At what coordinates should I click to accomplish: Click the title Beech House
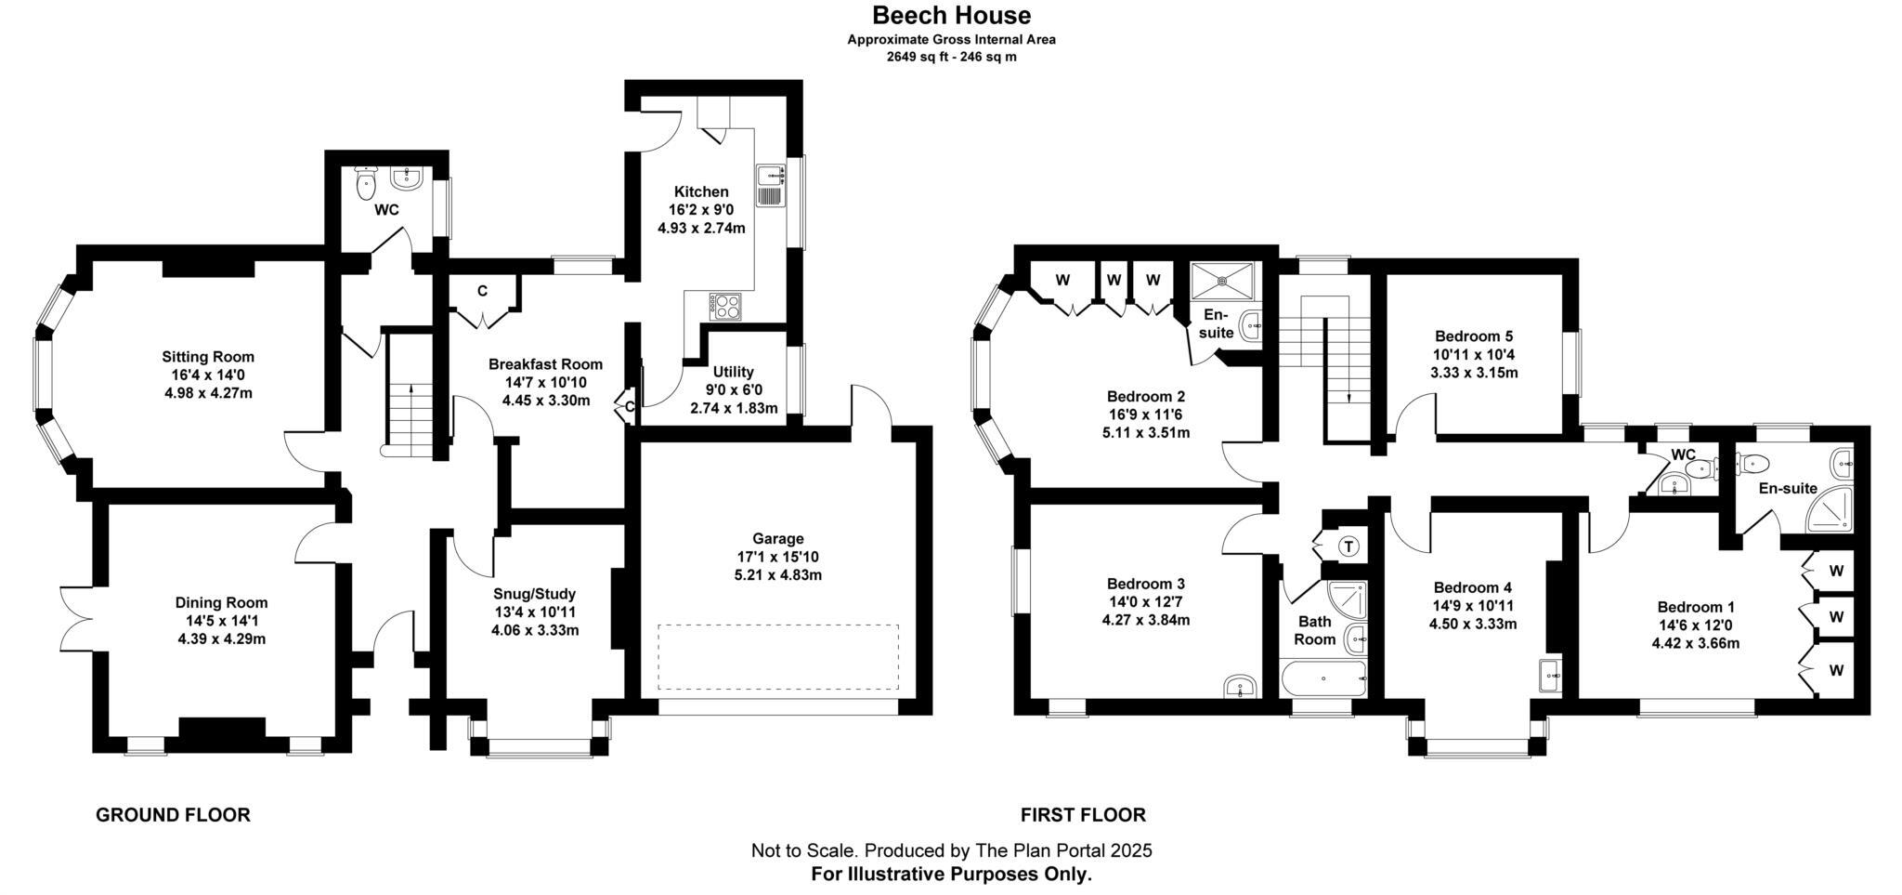[x=951, y=15]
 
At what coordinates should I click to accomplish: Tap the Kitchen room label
[x=701, y=191]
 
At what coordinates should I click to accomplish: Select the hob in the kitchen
[x=725, y=306]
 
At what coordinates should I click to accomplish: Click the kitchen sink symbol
[x=772, y=185]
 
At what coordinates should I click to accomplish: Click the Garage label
[x=777, y=538]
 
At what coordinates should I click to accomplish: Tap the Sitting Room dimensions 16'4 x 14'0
[x=208, y=375]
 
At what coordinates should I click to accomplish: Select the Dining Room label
[x=221, y=602]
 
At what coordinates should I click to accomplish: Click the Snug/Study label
[x=535, y=593]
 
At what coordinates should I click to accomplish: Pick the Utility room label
[x=734, y=372]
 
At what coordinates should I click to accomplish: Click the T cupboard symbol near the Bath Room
[x=1348, y=546]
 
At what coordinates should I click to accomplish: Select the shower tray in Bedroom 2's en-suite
[x=1224, y=276]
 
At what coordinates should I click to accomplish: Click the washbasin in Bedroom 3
[x=1240, y=687]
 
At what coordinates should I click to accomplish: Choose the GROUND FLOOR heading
[x=173, y=815]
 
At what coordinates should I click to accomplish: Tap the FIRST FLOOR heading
[x=1083, y=815]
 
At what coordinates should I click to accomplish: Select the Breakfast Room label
[x=545, y=364]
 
